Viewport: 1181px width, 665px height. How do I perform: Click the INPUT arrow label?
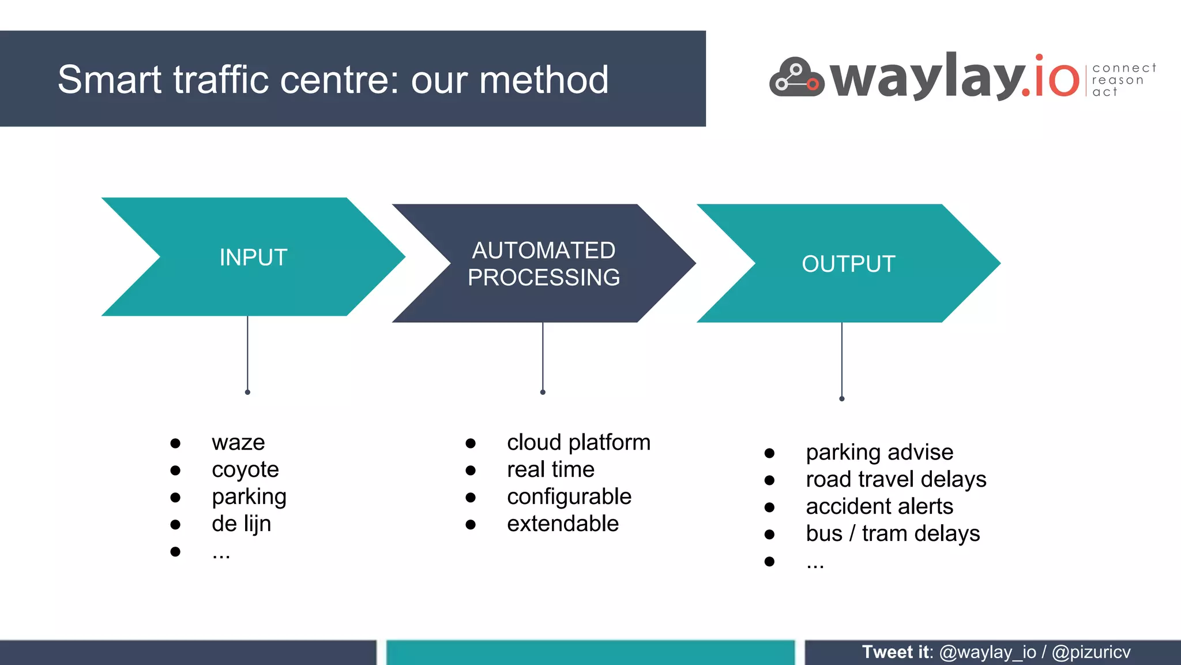coord(253,257)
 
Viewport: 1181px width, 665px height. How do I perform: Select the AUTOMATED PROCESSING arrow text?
coord(543,264)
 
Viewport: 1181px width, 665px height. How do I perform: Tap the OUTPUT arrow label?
coord(848,264)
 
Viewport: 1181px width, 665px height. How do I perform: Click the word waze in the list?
coord(238,443)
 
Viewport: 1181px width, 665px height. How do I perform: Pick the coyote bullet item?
coord(245,470)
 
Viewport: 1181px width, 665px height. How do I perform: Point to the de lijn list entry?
coord(241,524)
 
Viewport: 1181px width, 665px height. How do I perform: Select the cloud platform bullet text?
coord(578,443)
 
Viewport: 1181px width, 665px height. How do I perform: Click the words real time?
coord(550,470)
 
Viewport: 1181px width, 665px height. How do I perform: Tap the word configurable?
coord(569,497)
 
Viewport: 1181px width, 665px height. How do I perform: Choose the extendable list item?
coord(562,524)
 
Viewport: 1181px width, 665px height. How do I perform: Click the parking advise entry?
coord(879,453)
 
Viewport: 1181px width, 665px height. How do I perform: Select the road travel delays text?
coord(896,480)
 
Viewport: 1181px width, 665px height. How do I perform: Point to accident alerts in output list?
coord(879,507)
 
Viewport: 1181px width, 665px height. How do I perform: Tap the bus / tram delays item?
coord(892,534)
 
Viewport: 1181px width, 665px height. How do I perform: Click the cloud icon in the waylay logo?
coord(796,78)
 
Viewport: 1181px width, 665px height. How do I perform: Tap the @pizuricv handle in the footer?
coord(1090,652)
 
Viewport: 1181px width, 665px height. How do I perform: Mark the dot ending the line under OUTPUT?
coord(841,399)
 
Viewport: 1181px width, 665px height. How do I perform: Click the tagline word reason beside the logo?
coord(1117,80)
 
